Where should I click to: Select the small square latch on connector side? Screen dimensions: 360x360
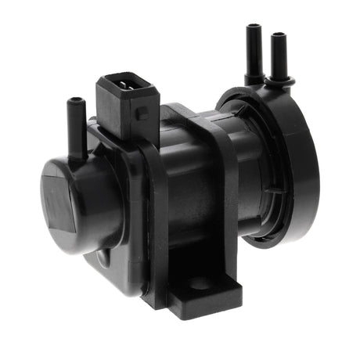coord(141,113)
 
